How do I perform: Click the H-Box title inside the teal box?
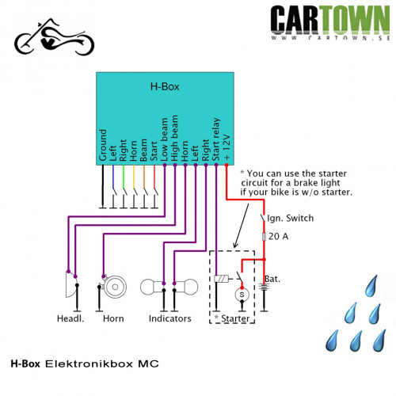point(165,86)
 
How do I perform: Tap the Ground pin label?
point(103,145)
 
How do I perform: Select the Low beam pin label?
point(164,139)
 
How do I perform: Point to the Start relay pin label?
point(216,139)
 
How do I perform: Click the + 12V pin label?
point(227,147)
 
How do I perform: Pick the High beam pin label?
point(174,138)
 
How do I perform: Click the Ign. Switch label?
point(291,219)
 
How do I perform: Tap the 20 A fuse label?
point(278,236)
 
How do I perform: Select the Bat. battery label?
point(272,279)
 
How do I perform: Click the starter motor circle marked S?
point(242,295)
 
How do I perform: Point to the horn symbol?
point(112,287)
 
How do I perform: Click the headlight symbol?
point(71,284)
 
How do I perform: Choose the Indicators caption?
point(170,318)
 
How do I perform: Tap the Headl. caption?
point(70,318)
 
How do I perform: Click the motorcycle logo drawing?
point(54,37)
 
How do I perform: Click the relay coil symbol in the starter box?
point(221,279)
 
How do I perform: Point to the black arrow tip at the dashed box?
point(234,248)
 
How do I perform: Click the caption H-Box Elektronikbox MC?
point(85,364)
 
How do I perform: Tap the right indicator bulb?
point(187,287)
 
